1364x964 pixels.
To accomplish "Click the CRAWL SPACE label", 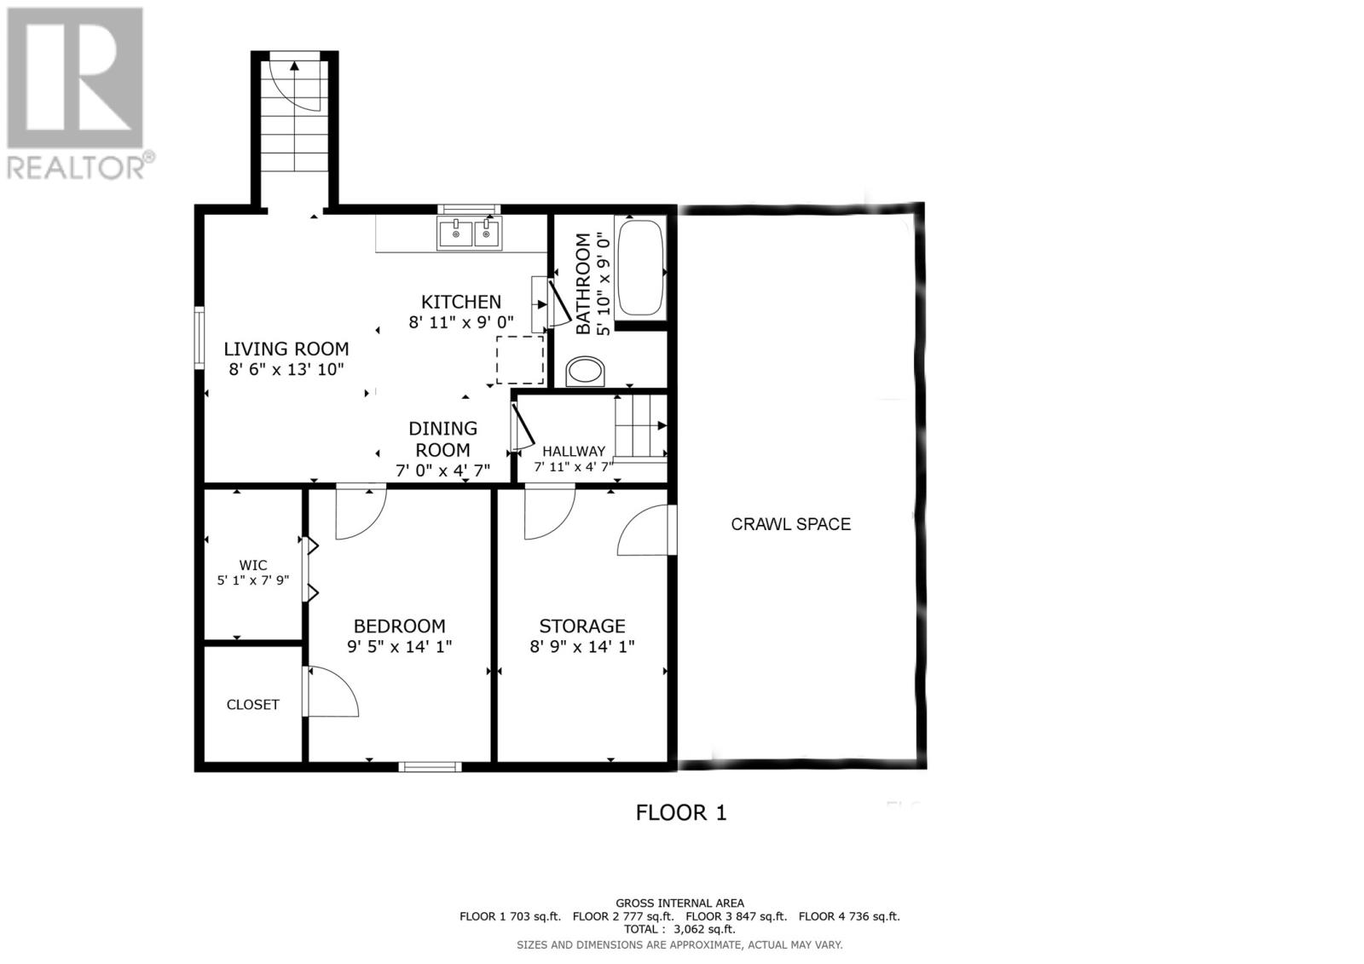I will pyautogui.click(x=790, y=524).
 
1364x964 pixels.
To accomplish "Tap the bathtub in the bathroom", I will pyautogui.click(x=639, y=268).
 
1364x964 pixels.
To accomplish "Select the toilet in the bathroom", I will pyautogui.click(x=586, y=371).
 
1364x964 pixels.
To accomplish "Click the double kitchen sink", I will pyautogui.click(x=470, y=234).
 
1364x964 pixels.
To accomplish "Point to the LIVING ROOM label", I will pyautogui.click(x=286, y=349).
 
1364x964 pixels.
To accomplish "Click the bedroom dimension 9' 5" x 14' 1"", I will pyautogui.click(x=399, y=647).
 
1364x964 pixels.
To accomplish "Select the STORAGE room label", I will pyautogui.click(x=582, y=626).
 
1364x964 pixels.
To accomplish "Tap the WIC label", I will pyautogui.click(x=253, y=565).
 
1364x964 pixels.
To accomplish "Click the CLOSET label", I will pyautogui.click(x=252, y=705).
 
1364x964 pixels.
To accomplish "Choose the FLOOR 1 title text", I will pyautogui.click(x=681, y=812).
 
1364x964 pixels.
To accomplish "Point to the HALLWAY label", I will pyautogui.click(x=574, y=451).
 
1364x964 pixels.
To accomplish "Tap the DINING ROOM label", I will pyautogui.click(x=442, y=439).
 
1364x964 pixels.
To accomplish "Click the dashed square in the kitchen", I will pyautogui.click(x=520, y=360).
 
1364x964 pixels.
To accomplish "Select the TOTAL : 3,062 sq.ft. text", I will pyautogui.click(x=679, y=929).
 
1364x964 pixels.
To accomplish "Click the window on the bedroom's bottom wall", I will pyautogui.click(x=431, y=766).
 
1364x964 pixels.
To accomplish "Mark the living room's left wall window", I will pyautogui.click(x=199, y=338).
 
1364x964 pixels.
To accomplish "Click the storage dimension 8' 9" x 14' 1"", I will pyautogui.click(x=582, y=647).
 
